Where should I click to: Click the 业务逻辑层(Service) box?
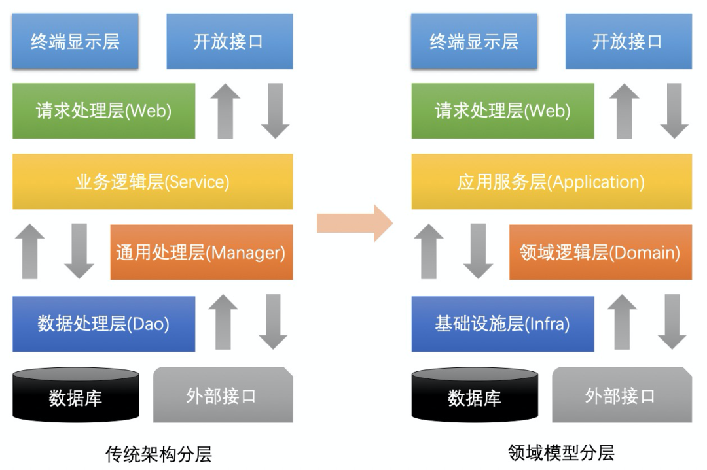(x=153, y=182)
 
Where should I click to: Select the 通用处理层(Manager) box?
(x=202, y=252)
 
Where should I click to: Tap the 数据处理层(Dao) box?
(x=103, y=324)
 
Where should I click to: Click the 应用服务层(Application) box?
(x=551, y=182)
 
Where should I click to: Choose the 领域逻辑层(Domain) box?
(x=600, y=252)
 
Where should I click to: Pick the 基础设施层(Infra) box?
(x=503, y=324)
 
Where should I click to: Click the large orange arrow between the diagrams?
(x=355, y=224)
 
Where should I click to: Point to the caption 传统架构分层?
(x=158, y=454)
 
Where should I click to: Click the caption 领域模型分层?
(x=561, y=452)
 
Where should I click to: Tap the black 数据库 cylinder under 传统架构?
(x=76, y=395)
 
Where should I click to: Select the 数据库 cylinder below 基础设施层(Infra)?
(x=475, y=395)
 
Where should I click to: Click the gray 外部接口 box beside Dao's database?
(x=223, y=395)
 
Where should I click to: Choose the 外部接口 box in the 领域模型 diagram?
(x=623, y=395)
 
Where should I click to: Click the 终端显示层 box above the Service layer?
(x=75, y=41)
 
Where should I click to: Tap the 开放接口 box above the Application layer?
(x=629, y=41)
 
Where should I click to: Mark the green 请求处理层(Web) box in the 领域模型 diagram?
(x=503, y=110)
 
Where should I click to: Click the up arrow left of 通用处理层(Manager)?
(x=29, y=251)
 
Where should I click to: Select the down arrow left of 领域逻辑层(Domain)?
(x=479, y=251)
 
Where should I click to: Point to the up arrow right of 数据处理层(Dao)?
(x=223, y=322)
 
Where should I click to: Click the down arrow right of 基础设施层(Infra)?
(x=672, y=322)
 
